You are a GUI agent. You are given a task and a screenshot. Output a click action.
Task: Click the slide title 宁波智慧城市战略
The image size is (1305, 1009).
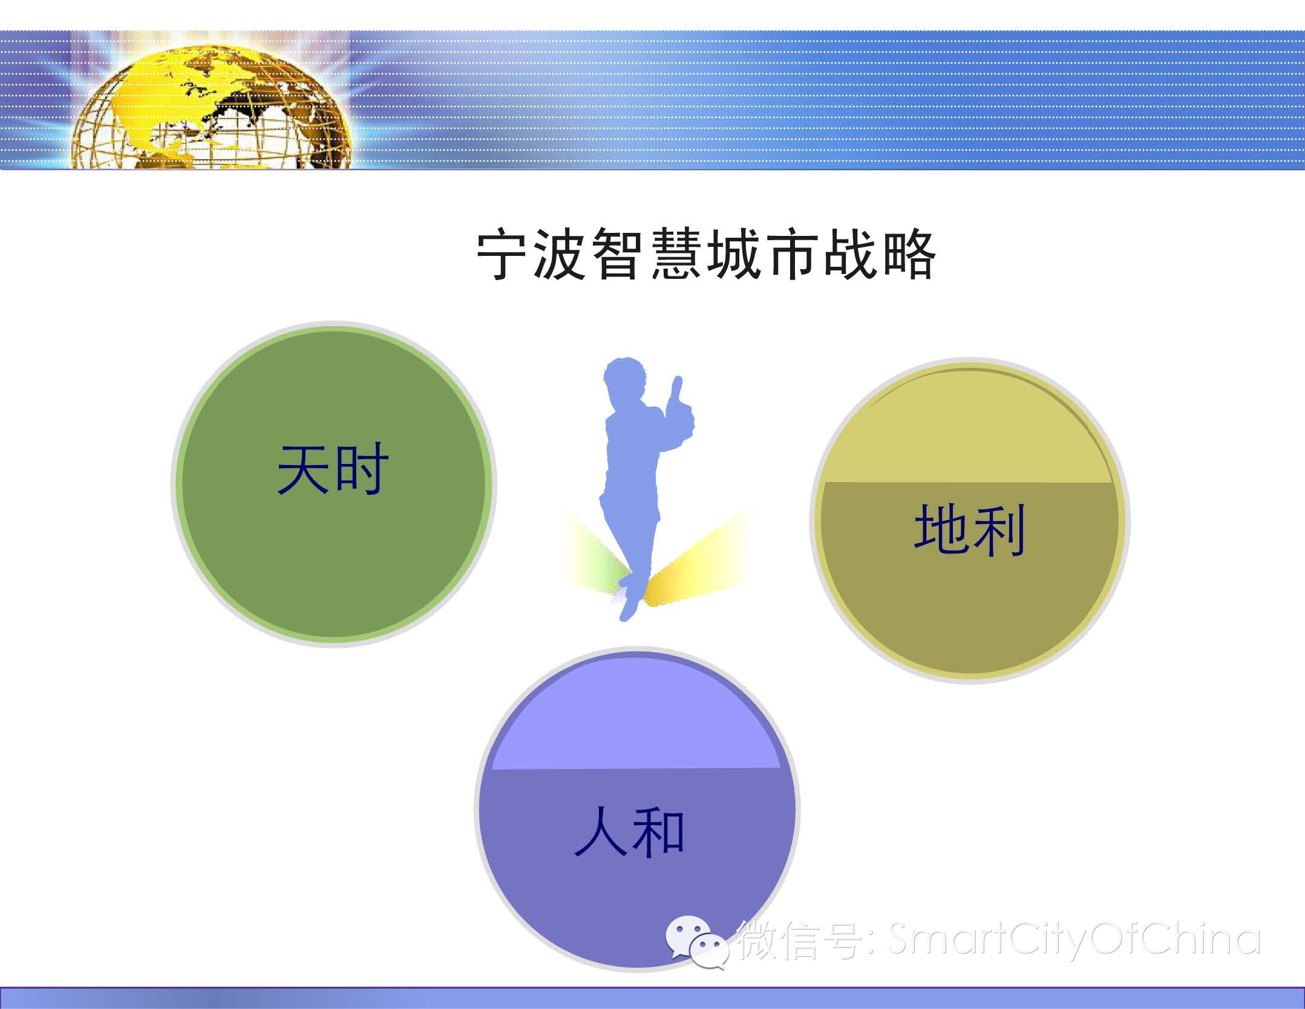point(706,255)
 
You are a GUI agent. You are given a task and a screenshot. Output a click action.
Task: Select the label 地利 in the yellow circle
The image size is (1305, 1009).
point(969,530)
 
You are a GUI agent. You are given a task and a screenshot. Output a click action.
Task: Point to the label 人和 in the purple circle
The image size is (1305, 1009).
point(629,832)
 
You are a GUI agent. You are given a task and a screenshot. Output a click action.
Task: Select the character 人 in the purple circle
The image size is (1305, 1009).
point(601,832)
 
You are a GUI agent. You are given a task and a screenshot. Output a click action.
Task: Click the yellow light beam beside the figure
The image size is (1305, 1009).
point(699,560)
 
